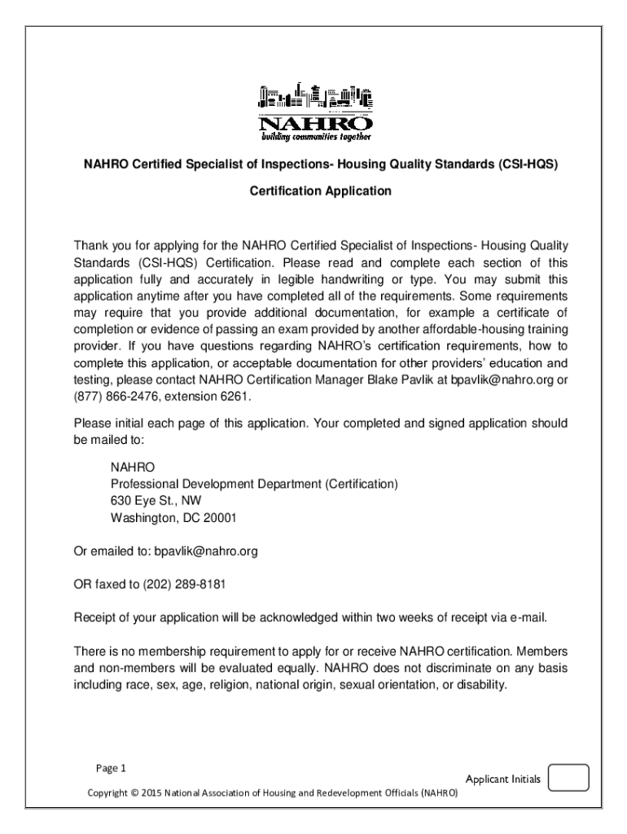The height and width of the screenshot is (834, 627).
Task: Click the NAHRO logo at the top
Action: [x=315, y=111]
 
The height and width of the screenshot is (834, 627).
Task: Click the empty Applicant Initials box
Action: [x=568, y=779]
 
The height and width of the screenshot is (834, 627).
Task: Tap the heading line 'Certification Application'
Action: [x=320, y=191]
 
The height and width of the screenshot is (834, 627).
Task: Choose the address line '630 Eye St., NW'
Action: [x=156, y=501]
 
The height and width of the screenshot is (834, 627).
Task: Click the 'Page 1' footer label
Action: [x=112, y=767]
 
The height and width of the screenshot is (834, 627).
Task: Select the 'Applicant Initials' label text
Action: [x=502, y=779]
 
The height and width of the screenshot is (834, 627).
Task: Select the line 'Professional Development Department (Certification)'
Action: [x=254, y=484]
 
